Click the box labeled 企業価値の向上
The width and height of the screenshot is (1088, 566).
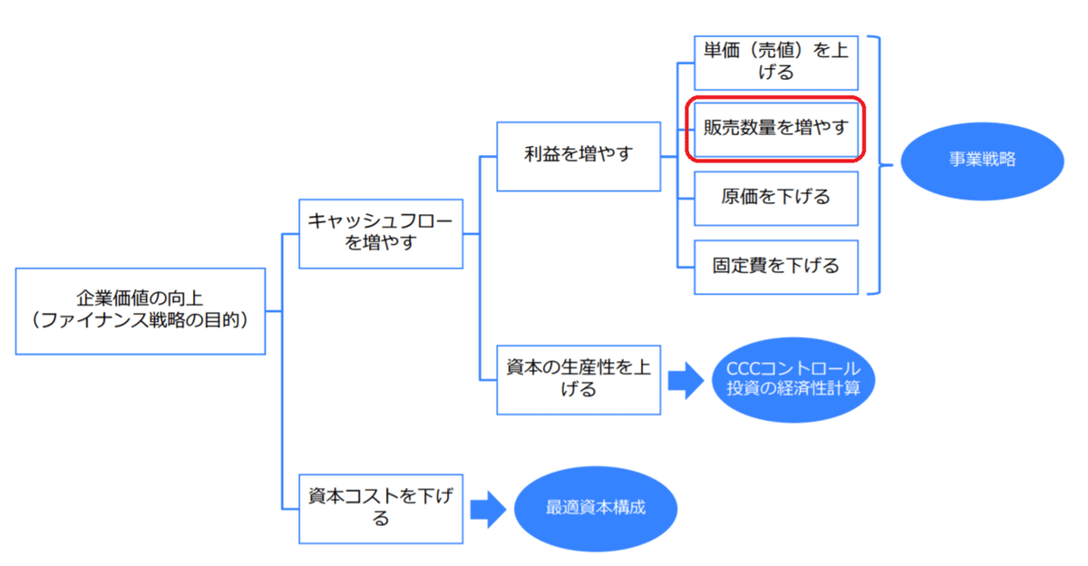point(141,310)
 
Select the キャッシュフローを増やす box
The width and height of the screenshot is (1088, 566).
point(380,233)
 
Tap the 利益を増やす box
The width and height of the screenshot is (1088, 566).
point(578,155)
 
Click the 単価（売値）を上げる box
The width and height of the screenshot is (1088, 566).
point(775,62)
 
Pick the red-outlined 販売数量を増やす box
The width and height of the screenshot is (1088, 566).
point(775,128)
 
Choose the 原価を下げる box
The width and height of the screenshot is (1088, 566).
point(775,197)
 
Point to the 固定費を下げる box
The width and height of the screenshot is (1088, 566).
point(775,267)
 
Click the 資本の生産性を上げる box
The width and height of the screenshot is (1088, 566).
point(578,378)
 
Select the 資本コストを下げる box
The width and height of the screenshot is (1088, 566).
point(380,507)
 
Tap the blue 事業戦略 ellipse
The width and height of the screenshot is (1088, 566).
point(983,160)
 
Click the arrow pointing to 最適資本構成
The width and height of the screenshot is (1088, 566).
point(488,508)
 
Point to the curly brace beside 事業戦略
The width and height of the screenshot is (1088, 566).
point(877,165)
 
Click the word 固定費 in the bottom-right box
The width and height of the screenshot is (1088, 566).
point(740,267)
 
